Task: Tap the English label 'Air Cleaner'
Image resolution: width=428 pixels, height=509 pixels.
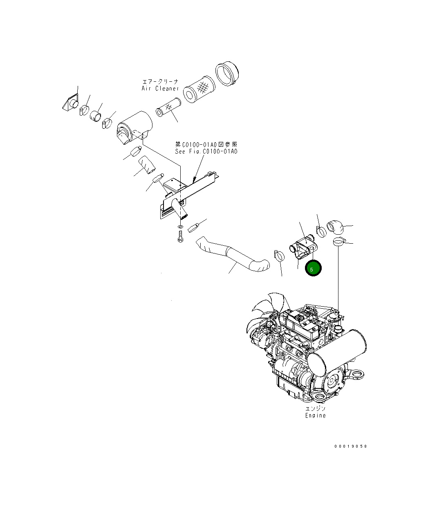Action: (160, 88)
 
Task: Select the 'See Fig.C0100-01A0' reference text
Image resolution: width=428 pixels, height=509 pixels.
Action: (206, 151)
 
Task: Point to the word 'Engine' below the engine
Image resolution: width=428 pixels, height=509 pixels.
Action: (316, 415)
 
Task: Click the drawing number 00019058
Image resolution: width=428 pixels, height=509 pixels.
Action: (350, 446)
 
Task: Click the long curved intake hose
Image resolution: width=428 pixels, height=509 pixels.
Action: (233, 256)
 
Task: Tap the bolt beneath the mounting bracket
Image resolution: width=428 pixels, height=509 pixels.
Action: (180, 237)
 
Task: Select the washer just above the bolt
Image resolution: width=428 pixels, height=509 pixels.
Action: (180, 226)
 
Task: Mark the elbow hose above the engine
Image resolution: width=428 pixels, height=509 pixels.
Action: (335, 226)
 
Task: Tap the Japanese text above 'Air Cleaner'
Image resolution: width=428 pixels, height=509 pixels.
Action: (160, 82)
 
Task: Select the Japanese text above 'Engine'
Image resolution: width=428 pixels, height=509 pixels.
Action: (316, 409)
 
